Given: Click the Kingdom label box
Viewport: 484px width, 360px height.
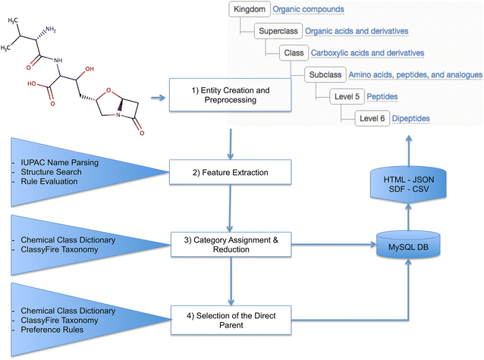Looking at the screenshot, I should tap(249, 10).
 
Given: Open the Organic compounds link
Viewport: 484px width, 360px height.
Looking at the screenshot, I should tap(308, 10).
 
